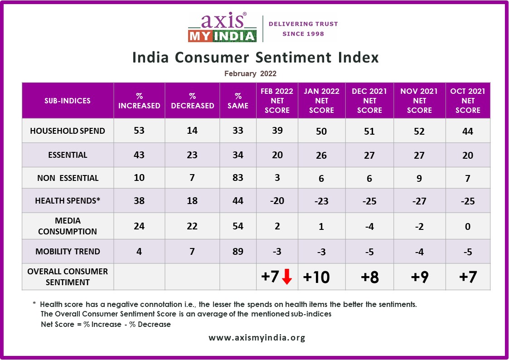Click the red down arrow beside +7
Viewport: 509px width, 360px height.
point(286,277)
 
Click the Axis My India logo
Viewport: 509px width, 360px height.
point(222,28)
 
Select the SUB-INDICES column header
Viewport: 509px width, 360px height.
point(68,101)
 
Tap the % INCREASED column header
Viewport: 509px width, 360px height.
point(139,101)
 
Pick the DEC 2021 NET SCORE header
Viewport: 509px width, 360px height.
point(369,101)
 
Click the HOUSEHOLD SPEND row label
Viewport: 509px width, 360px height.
point(68,131)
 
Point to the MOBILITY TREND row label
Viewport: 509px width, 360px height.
point(68,252)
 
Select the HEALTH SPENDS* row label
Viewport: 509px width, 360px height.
point(68,200)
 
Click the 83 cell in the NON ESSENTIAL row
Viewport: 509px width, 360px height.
point(238,178)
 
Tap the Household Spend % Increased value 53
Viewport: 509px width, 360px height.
point(139,131)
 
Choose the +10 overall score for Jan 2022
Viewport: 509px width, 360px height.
point(316,277)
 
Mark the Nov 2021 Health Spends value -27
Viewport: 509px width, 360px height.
point(419,201)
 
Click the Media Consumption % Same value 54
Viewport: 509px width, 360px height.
point(238,226)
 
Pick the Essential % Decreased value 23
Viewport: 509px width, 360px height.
point(192,155)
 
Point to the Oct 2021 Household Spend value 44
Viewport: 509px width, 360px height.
point(468,131)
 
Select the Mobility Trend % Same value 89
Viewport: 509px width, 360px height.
point(238,252)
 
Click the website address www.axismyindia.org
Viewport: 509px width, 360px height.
point(257,338)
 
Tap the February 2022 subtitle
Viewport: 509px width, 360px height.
point(250,73)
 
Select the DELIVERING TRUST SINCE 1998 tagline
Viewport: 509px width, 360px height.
point(303,29)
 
